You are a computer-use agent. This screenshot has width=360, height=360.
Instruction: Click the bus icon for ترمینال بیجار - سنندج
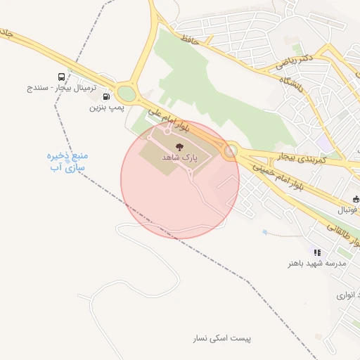[62, 77]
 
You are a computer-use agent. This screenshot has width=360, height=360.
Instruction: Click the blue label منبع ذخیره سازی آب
[67, 161]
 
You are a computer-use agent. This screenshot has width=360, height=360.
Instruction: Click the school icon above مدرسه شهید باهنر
[317, 252]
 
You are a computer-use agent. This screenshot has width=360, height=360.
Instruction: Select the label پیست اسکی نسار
[221, 338]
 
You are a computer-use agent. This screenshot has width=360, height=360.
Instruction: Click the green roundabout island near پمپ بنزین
[127, 93]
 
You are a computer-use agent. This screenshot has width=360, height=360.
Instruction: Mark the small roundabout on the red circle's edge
[230, 150]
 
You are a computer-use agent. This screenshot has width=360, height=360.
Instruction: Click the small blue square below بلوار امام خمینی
[264, 231]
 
